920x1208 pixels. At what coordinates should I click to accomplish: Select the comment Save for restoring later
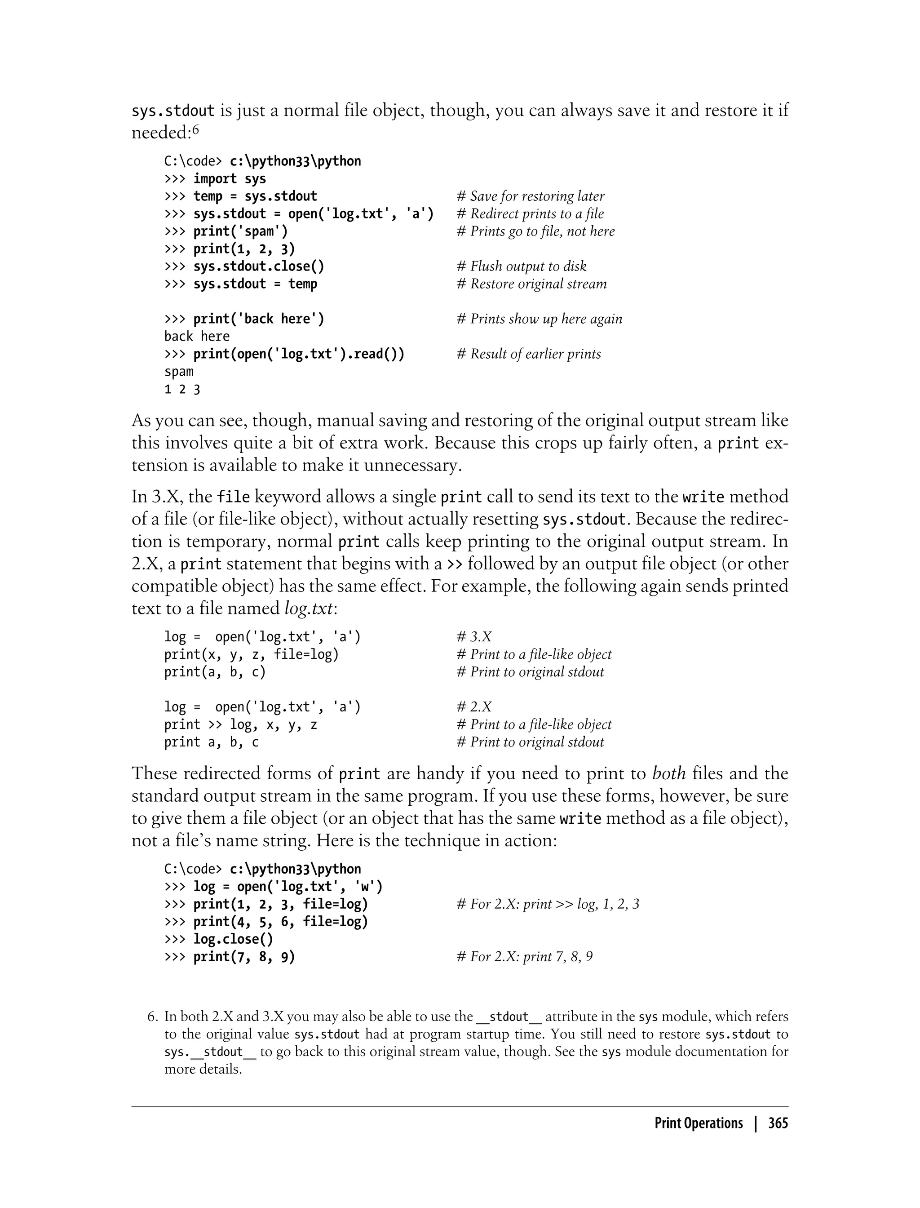(x=531, y=196)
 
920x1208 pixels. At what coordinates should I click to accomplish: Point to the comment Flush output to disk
(x=522, y=266)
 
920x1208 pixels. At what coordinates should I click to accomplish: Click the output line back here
(x=197, y=336)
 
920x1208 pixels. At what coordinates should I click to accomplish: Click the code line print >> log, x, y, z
(x=240, y=724)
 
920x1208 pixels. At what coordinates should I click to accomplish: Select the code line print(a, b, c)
(x=215, y=672)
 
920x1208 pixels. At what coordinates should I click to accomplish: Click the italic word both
(x=669, y=773)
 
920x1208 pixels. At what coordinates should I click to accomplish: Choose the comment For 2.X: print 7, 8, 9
(x=525, y=956)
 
